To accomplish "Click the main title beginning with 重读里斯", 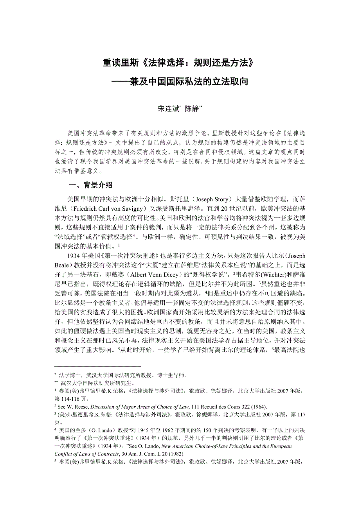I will (180, 63).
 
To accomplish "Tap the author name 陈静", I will (192, 109).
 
